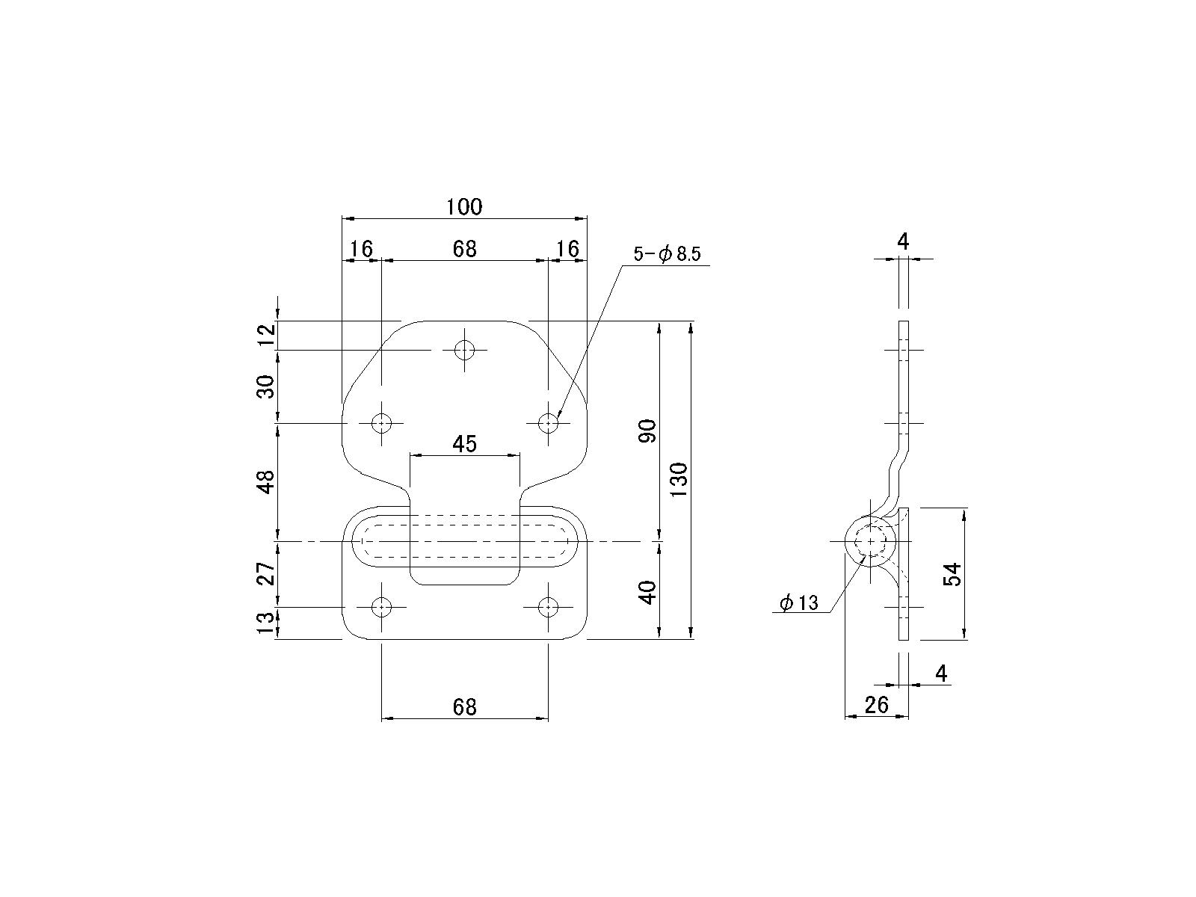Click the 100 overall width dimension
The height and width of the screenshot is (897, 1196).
click(464, 207)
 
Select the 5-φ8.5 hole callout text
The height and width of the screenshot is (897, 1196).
click(666, 254)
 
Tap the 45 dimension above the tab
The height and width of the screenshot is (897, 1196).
click(464, 445)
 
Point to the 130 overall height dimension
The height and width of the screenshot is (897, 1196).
click(679, 479)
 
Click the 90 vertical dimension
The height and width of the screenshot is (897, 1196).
click(647, 431)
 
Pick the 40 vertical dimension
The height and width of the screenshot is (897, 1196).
click(647, 593)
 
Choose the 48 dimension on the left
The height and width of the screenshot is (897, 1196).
click(266, 482)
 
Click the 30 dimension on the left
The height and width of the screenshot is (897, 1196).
click(266, 386)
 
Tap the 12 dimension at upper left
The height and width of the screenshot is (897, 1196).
click(266, 334)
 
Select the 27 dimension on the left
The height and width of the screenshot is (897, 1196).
click(266, 573)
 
